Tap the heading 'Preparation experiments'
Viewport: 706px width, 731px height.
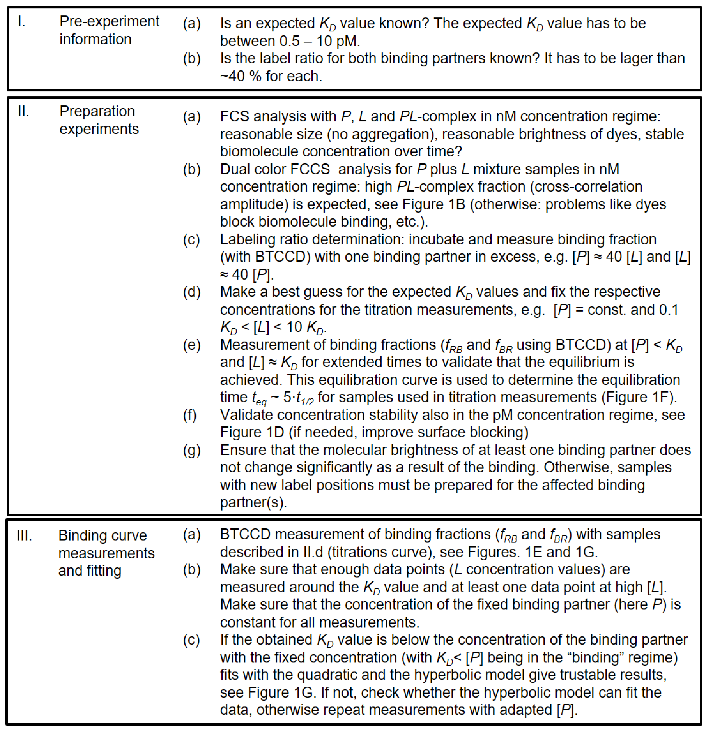[99, 120]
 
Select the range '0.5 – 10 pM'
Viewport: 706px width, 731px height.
[319, 41]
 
